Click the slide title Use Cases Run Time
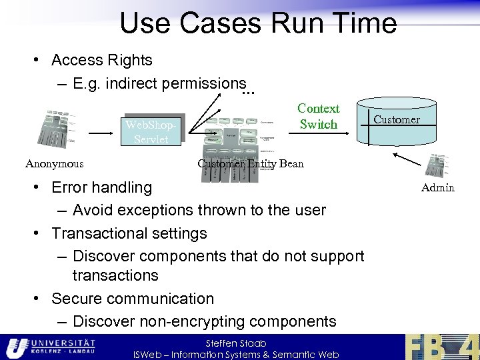pyautogui.click(x=258, y=23)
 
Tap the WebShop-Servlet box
pyautogui.click(x=151, y=132)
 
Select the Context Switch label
pyautogui.click(x=318, y=117)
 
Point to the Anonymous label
pyautogui.click(x=54, y=164)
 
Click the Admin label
pyautogui.click(x=437, y=187)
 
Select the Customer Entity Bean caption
pyautogui.click(x=250, y=164)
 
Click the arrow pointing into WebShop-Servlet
pyautogui.click(x=101, y=133)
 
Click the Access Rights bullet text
pyautogui.click(x=101, y=60)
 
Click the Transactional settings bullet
pyautogui.click(x=129, y=233)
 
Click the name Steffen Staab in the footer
pyautogui.click(x=236, y=343)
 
